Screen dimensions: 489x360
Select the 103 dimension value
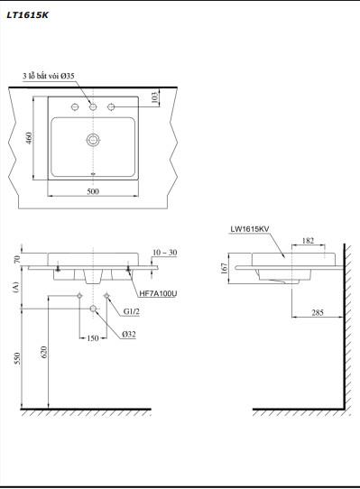pos(156,97)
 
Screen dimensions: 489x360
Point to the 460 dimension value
pos(29,138)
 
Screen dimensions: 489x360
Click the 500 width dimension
pos(93,192)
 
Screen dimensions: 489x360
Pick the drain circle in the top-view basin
pos(92,140)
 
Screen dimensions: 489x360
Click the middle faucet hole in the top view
pos(92,107)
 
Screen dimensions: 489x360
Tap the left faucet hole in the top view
pos(69,107)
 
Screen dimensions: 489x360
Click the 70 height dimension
pos(16,260)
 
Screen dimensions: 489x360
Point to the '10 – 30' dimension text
pos(165,253)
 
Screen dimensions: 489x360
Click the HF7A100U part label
pos(158,294)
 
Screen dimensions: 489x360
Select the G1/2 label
pos(132,313)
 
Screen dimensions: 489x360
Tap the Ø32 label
pos(130,335)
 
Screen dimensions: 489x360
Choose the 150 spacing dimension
pos(93,338)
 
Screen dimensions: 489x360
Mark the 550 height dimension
pos(16,359)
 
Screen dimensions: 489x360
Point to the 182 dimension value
pos(309,240)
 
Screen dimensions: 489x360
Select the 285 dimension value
pos(318,314)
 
